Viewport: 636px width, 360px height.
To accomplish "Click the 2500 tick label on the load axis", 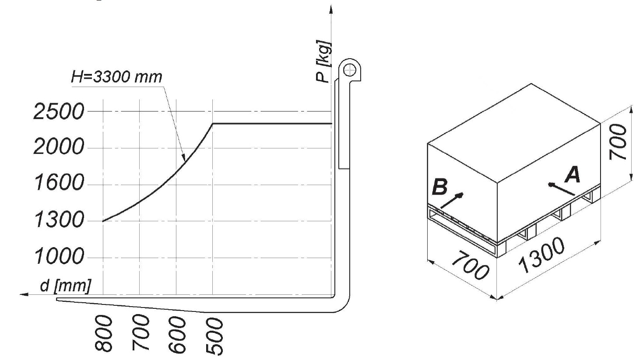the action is (59, 112).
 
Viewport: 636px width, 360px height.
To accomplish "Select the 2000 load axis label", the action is (59, 147).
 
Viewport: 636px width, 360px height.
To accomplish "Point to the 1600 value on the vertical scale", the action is (59, 182).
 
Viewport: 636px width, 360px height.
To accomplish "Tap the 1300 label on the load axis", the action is (59, 220).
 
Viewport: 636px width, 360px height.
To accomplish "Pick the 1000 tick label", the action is (59, 256).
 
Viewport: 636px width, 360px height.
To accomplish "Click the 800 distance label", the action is (103, 334).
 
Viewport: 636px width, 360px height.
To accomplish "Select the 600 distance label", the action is (177, 335).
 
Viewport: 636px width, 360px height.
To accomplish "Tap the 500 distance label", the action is (214, 336).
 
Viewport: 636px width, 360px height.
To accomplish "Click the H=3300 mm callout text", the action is (116, 77).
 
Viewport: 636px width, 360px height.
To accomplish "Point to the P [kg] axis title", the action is (323, 62).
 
